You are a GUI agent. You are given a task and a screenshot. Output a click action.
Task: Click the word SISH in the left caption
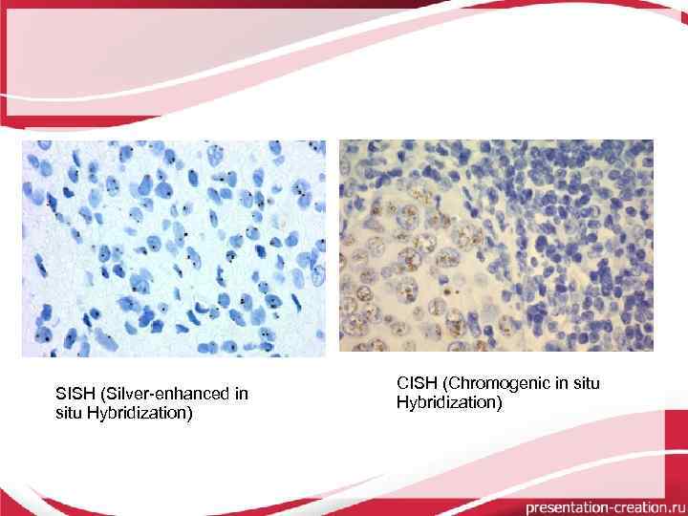tap(75, 394)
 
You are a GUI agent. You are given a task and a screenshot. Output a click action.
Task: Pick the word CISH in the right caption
tap(416, 383)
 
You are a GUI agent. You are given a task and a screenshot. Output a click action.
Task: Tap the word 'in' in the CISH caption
tap(556, 383)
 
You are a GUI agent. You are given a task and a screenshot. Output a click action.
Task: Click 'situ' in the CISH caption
tap(584, 383)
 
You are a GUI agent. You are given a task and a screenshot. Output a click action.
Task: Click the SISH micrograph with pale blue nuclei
tap(174, 248)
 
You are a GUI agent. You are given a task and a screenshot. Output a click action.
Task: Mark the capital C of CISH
tap(402, 383)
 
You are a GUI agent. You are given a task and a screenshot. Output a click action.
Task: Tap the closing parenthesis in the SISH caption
tap(189, 413)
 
